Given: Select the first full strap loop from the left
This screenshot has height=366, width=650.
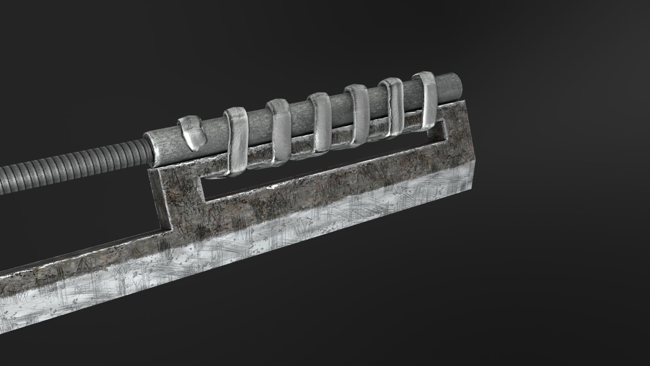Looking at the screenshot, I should (238, 142).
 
